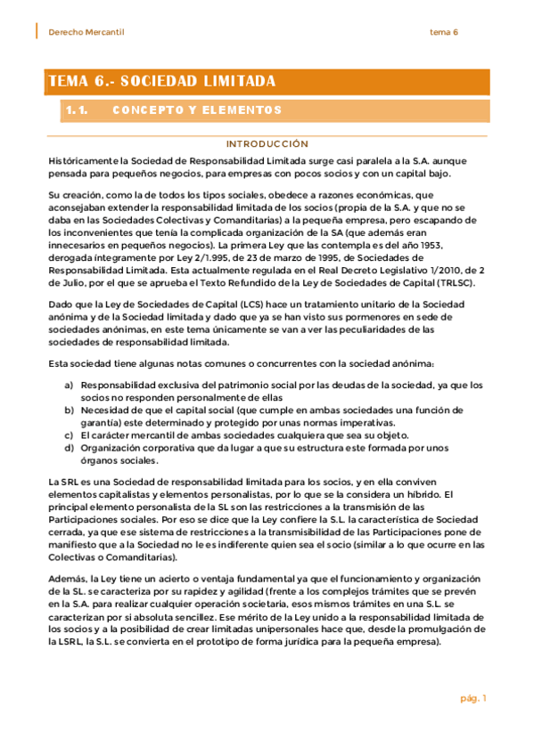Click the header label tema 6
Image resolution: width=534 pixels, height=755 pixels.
(444, 32)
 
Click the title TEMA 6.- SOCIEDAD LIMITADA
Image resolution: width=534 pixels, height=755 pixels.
(161, 82)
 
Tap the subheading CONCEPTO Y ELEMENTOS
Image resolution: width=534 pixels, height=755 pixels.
(197, 110)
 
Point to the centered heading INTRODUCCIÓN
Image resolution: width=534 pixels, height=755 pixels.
(267, 143)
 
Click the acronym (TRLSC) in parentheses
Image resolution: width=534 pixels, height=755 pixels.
(455, 283)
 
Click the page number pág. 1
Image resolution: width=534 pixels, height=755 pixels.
(473, 698)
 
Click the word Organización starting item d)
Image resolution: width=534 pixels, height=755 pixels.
(111, 448)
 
